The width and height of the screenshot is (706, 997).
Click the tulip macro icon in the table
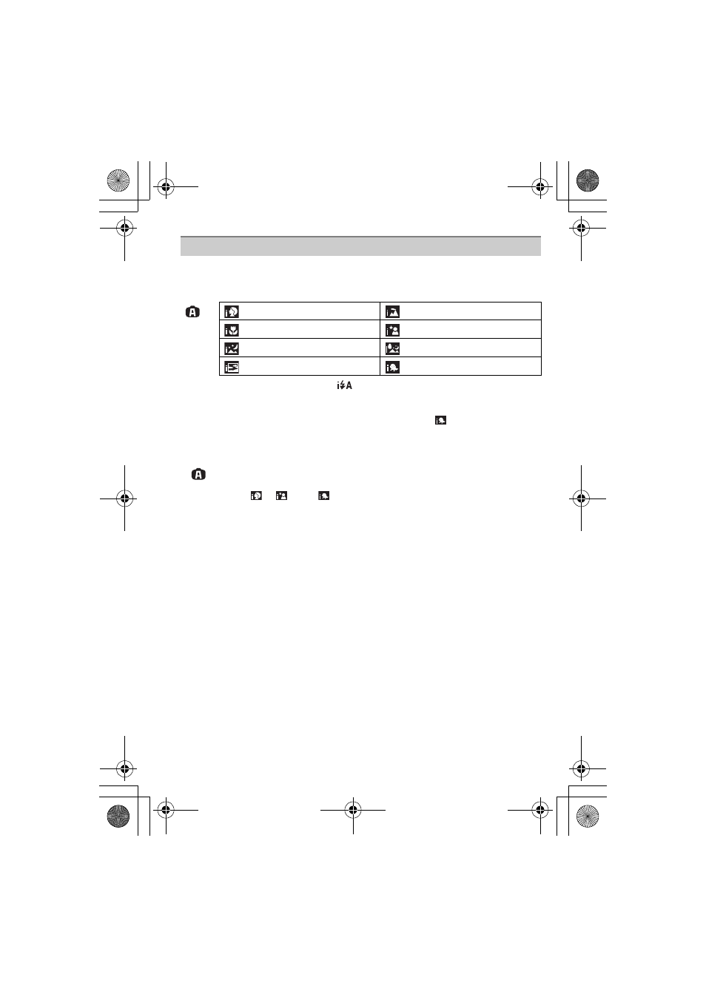tap(232, 330)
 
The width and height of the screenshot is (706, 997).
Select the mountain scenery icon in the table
tap(392, 311)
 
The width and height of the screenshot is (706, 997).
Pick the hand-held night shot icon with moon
tap(392, 348)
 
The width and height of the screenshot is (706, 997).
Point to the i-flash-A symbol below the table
tap(344, 385)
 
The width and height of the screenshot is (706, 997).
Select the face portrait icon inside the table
tap(232, 311)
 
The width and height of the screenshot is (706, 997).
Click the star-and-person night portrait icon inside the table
tap(392, 330)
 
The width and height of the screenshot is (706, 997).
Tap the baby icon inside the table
tap(392, 367)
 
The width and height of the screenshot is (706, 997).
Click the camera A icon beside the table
tap(192, 311)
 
